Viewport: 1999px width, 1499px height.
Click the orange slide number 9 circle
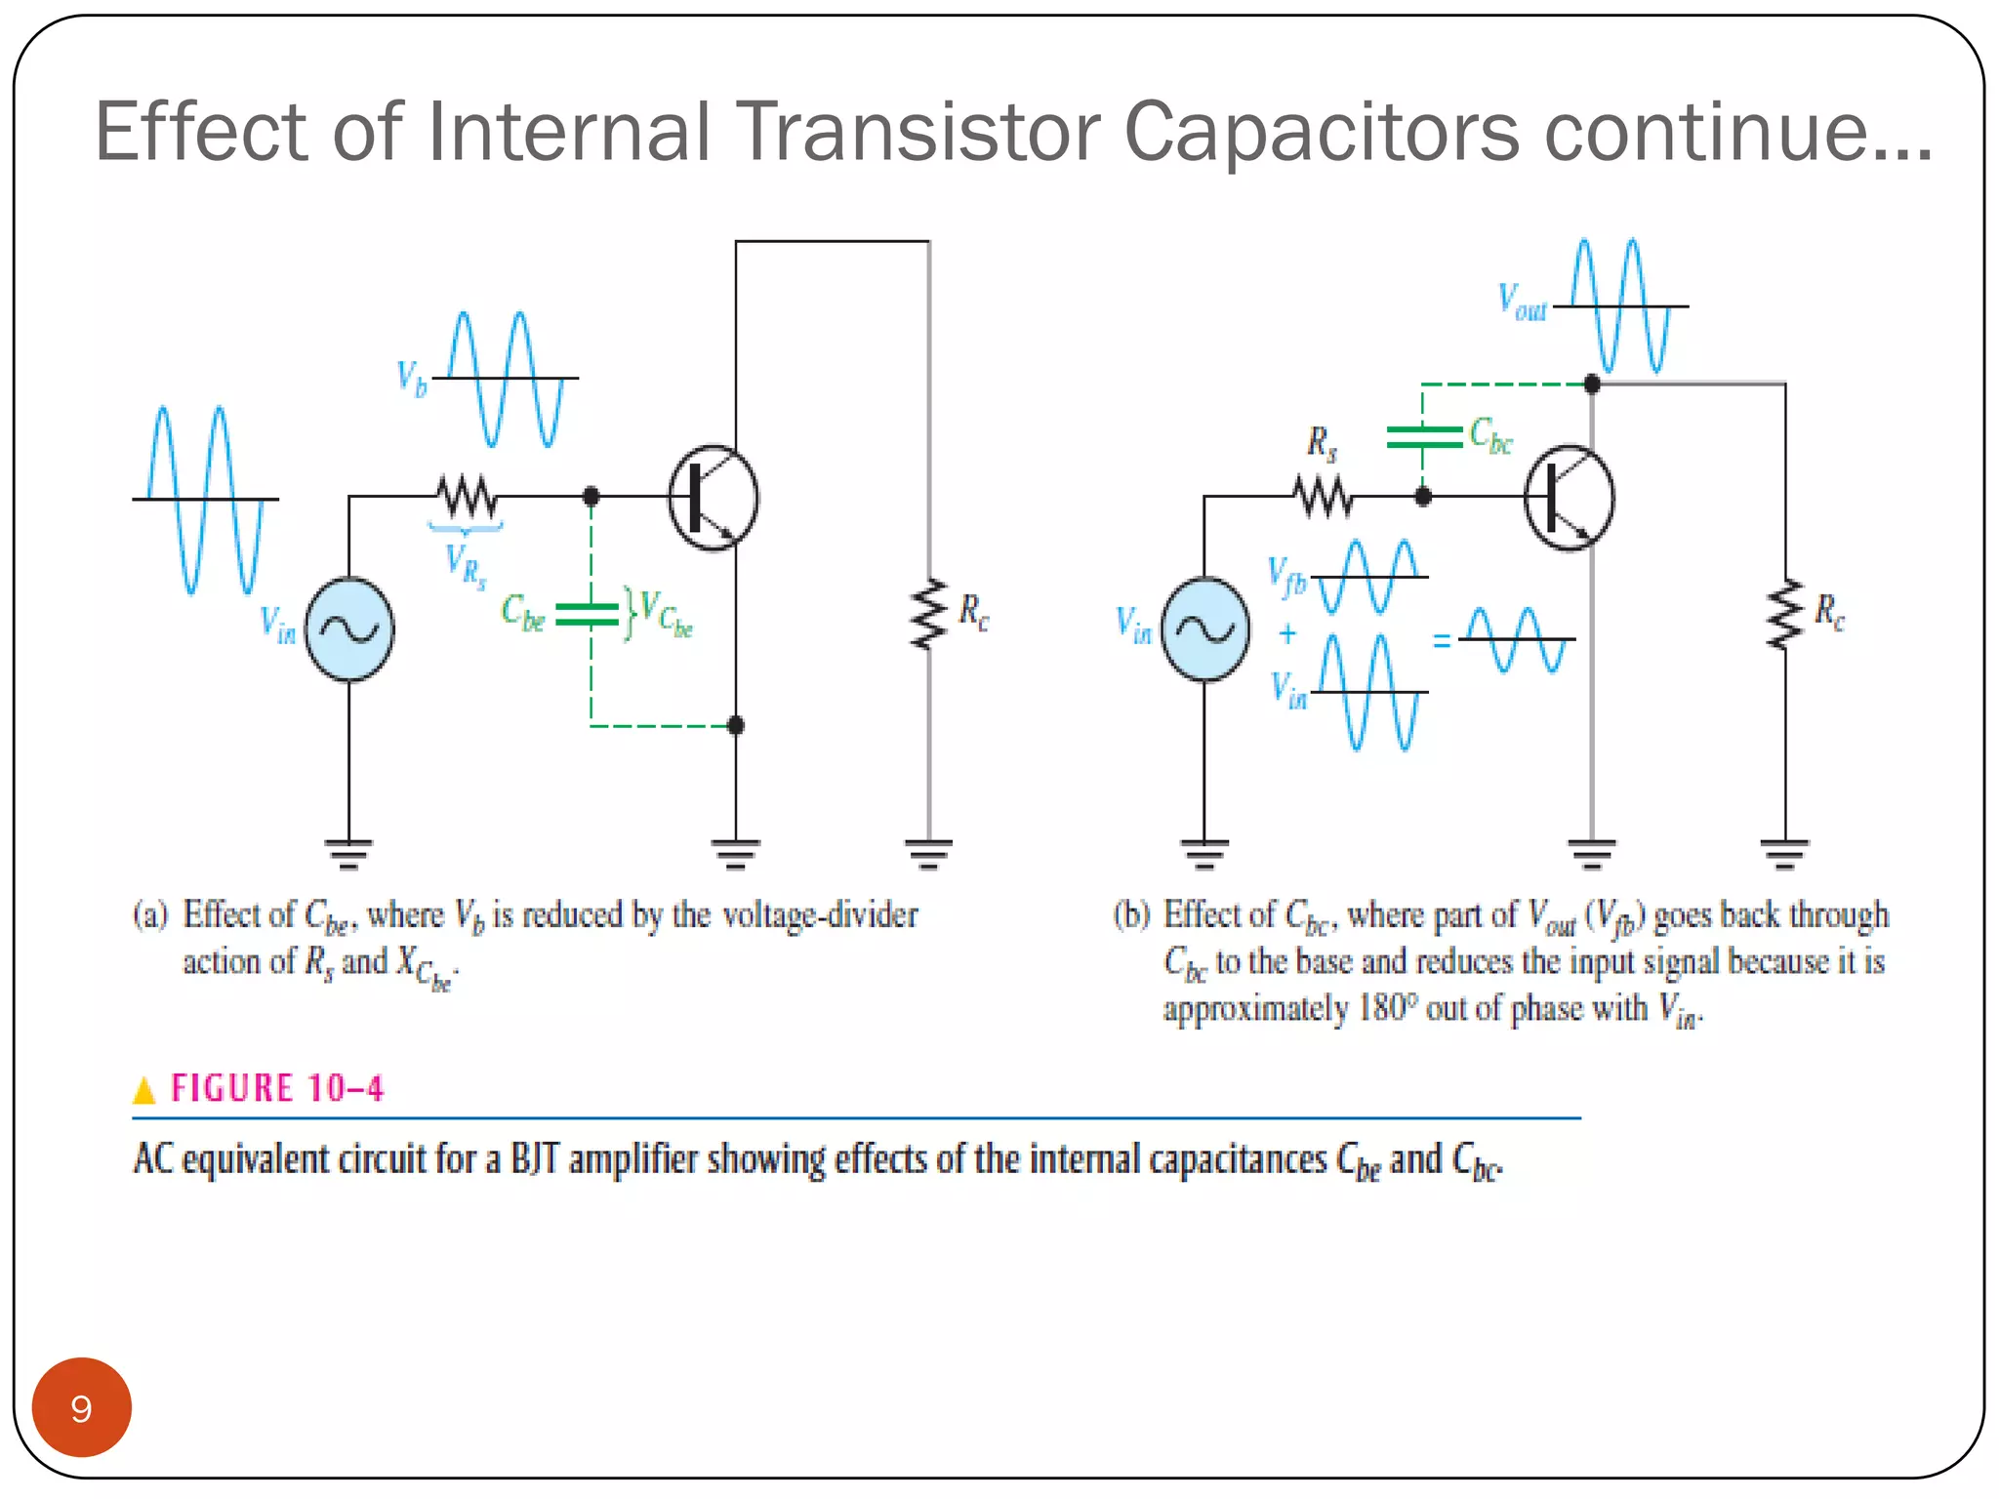[81, 1407]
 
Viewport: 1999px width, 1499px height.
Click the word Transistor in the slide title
[918, 132]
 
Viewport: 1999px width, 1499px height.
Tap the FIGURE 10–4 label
[277, 1088]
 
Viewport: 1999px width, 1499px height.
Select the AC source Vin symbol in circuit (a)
[349, 629]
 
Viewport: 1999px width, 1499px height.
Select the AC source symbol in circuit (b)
[1205, 629]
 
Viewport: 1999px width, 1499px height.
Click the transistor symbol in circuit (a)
[714, 498]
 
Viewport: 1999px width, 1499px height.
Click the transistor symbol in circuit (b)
[1570, 498]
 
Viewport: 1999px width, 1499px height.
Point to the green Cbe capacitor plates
[589, 614]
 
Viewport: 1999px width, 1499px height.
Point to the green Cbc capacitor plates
[1423, 436]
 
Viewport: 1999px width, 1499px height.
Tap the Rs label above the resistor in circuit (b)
[1322, 444]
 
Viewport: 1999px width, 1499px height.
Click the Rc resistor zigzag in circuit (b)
[1785, 615]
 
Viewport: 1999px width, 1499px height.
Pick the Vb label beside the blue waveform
[412, 378]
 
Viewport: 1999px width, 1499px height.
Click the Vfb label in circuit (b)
[1286, 576]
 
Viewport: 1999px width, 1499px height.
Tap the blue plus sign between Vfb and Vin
[1287, 634]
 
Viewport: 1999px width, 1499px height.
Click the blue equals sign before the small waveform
[1441, 641]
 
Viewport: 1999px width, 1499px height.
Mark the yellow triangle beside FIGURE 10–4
[144, 1089]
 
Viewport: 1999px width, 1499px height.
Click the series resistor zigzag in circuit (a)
[467, 497]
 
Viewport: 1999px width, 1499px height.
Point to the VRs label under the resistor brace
[465, 565]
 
